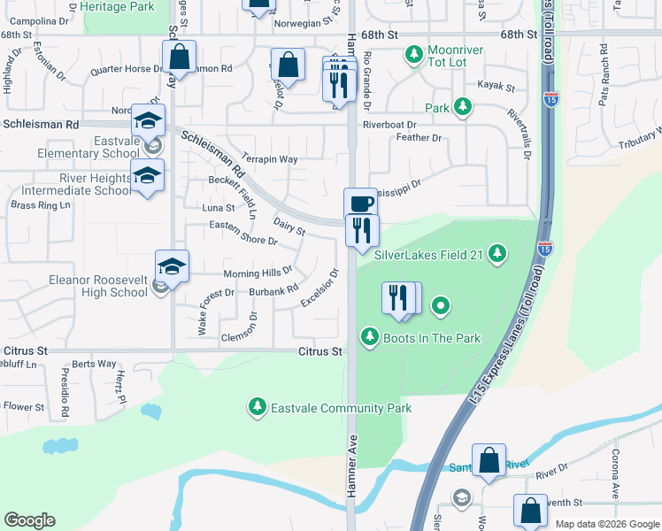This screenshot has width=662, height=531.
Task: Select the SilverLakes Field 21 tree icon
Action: point(498,255)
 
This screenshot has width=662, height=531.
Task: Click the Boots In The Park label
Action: point(431,337)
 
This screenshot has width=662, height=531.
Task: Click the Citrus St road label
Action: point(319,351)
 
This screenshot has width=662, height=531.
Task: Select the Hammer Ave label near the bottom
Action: point(351,475)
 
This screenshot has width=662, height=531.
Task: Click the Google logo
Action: point(29,520)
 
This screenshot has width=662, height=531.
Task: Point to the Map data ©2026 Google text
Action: point(607,524)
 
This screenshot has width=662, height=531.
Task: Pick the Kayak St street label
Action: point(496,87)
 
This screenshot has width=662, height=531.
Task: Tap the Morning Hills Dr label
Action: point(257,273)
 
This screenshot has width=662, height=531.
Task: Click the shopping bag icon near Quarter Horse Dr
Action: point(179,58)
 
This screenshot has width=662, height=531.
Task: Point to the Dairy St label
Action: point(289,227)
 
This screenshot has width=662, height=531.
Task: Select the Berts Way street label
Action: point(94,364)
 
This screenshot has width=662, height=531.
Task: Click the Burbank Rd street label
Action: point(273,291)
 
